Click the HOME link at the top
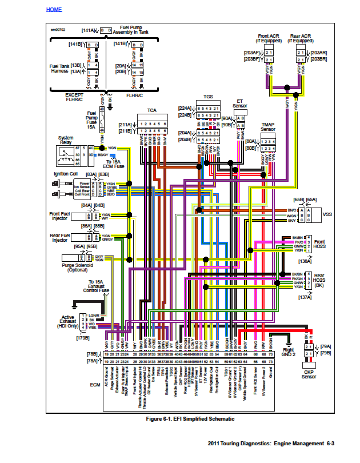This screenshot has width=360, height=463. [x=54, y=10]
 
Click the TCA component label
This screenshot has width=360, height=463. [x=151, y=110]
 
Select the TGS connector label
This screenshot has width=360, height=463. [x=208, y=98]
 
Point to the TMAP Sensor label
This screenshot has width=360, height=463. [x=268, y=126]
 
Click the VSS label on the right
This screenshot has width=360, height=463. [x=327, y=214]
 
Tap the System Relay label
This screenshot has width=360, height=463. [x=66, y=141]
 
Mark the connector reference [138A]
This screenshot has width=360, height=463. [x=304, y=261]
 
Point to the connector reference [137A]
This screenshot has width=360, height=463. [x=304, y=297]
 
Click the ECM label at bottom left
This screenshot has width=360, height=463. [x=95, y=385]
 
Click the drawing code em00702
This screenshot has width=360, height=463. [x=59, y=29]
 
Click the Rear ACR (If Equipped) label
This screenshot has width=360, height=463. [x=301, y=38]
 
